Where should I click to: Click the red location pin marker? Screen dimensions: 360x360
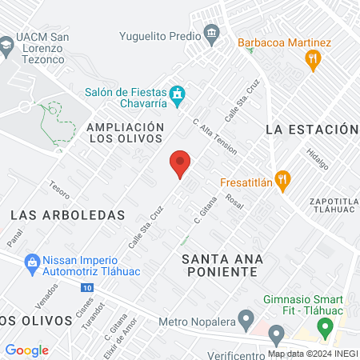point(181,163)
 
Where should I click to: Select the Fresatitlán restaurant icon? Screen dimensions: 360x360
point(281,179)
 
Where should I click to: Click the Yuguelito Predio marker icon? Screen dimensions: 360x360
point(212,34)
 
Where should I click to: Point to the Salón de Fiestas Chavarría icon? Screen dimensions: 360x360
point(179,95)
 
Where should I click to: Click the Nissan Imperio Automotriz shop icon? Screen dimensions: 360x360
point(32,261)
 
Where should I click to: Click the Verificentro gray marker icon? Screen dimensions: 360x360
point(276,334)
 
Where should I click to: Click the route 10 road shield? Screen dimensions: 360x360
point(86,286)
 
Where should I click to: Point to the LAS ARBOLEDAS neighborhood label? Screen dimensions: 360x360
point(69,214)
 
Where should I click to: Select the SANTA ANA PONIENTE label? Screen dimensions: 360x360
point(218,264)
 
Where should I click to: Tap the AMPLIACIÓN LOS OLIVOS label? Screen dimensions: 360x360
point(125,133)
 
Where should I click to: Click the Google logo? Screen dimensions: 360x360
point(27,350)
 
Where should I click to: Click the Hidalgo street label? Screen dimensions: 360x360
point(318,158)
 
